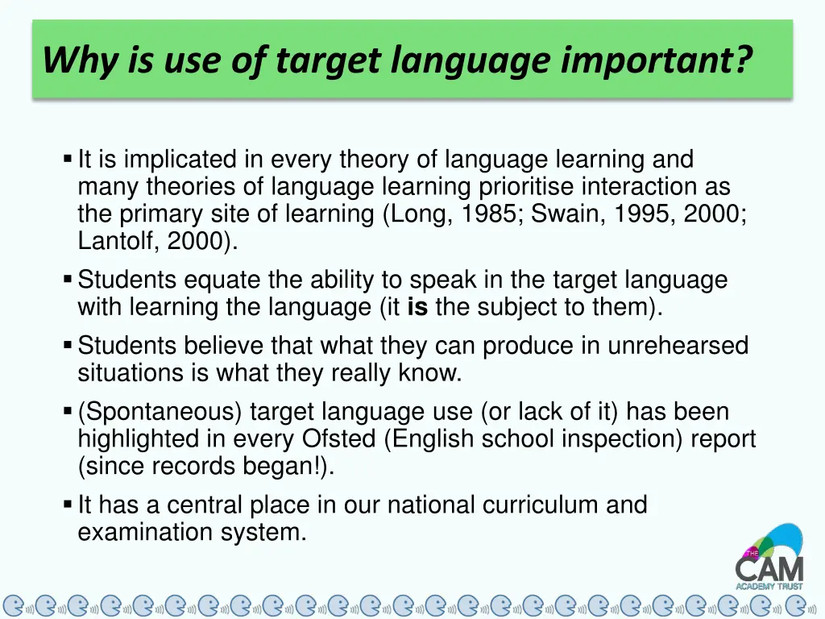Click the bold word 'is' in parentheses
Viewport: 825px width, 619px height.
click(417, 307)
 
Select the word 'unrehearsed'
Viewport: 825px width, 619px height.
click(678, 346)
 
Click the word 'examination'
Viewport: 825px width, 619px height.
click(147, 532)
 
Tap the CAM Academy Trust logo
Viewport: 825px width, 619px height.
click(769, 557)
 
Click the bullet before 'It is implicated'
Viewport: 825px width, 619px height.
click(68, 159)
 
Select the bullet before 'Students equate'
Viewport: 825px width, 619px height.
click(68, 280)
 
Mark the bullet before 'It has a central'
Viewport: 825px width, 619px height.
click(68, 505)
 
